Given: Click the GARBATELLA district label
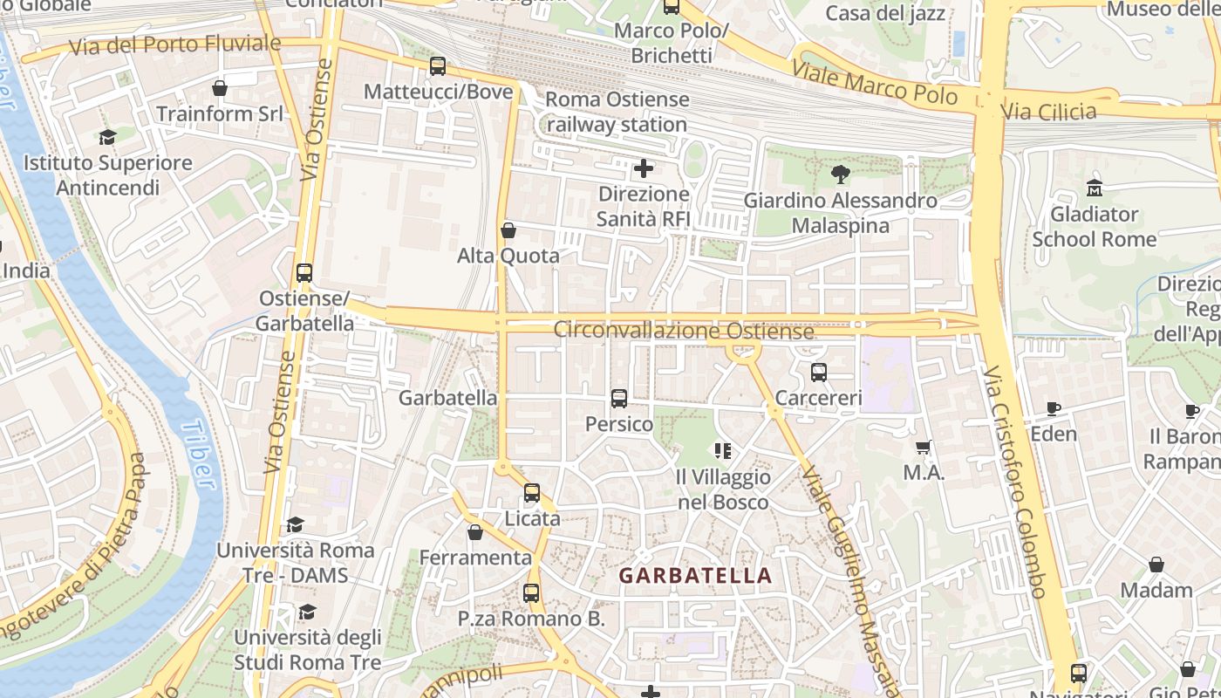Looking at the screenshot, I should point(695,576).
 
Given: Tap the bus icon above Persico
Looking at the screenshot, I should point(619,399).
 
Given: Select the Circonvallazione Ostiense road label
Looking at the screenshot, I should point(684,331).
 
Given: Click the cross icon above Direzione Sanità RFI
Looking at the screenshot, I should point(644,168).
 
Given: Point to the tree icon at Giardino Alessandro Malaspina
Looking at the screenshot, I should point(841,174).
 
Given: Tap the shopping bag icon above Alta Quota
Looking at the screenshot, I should point(508,231).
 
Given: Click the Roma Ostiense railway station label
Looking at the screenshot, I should point(617,112).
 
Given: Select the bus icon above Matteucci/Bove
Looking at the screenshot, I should point(438,66).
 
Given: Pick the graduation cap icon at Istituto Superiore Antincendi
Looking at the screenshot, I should point(107,138).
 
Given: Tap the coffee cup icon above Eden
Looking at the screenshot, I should point(1054,408).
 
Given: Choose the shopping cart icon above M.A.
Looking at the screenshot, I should point(924,448).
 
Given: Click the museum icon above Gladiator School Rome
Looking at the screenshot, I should point(1094,188).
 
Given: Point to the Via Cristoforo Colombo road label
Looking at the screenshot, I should point(1015,482).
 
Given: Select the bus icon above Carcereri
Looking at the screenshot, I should point(818,373).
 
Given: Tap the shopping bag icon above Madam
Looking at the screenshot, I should point(1156,565).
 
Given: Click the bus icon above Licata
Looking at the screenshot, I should point(532,493).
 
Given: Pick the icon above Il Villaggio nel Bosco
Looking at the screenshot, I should point(723,451).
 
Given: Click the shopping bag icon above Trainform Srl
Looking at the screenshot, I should point(220,88).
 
